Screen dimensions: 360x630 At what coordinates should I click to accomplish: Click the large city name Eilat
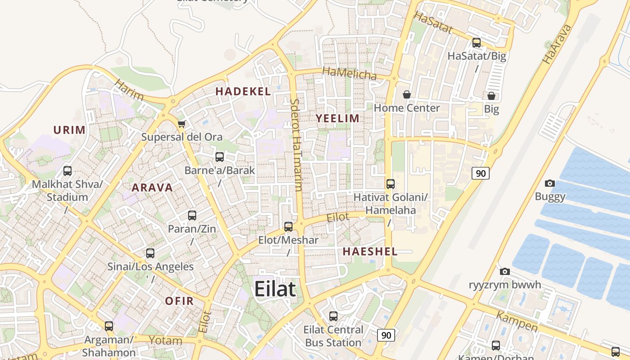[x=275, y=289]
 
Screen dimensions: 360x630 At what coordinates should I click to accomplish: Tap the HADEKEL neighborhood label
[x=243, y=91]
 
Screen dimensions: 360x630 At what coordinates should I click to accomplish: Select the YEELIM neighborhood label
[x=337, y=118]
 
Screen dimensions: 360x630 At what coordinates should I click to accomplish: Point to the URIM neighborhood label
[x=69, y=130]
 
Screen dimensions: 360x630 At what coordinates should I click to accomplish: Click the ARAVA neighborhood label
[x=152, y=188]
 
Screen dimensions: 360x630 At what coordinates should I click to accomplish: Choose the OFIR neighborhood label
[x=179, y=301]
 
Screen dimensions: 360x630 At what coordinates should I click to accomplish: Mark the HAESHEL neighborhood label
[x=370, y=252]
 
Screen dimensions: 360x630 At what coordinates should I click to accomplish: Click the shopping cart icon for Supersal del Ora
[x=181, y=124]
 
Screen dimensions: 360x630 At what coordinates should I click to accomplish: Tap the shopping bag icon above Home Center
[x=407, y=94]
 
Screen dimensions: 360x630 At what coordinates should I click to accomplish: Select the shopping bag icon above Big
[x=491, y=96]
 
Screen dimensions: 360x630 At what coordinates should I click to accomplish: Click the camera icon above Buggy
[x=550, y=183]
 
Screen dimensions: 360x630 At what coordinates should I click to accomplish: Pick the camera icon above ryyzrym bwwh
[x=505, y=271]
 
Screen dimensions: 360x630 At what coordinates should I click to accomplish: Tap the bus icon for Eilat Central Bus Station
[x=333, y=316]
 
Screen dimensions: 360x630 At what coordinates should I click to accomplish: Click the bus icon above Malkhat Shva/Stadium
[x=67, y=171]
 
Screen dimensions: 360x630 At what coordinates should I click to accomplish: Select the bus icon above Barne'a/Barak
[x=220, y=157]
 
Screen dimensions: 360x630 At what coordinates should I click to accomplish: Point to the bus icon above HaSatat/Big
[x=477, y=43]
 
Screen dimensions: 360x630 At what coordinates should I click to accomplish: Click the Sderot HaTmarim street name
[x=296, y=144]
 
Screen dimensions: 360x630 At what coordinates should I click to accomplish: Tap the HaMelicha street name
[x=350, y=73]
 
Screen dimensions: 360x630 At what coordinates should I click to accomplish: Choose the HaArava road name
[x=557, y=44]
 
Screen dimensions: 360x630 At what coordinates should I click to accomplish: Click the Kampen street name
[x=517, y=320]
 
